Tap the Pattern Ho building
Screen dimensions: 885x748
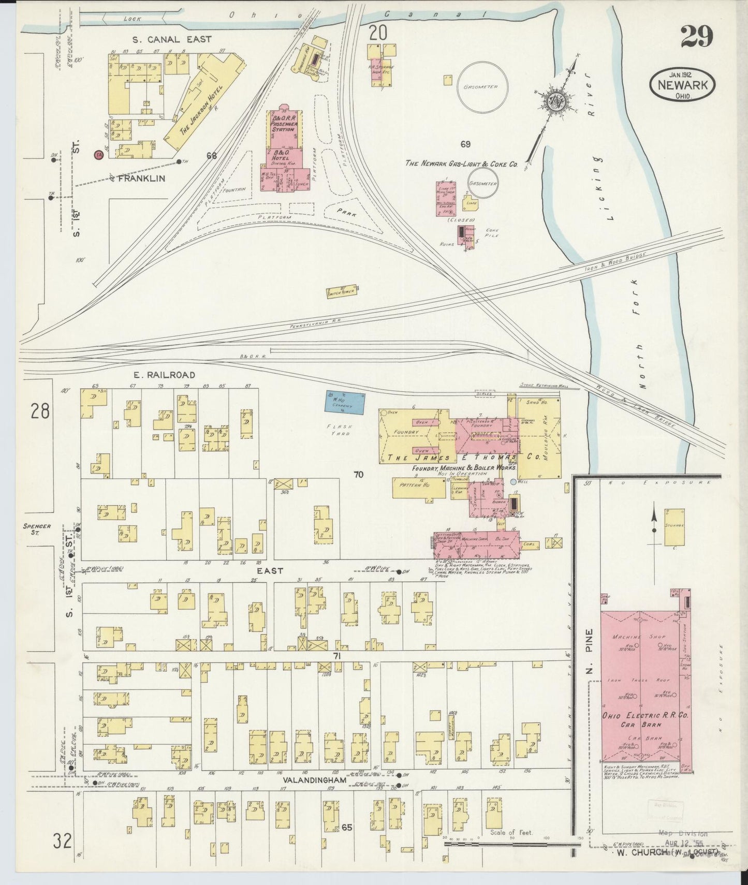point(418,488)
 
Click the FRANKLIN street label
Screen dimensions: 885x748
point(141,178)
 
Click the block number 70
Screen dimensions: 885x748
point(358,474)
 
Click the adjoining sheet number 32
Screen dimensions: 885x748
point(62,841)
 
